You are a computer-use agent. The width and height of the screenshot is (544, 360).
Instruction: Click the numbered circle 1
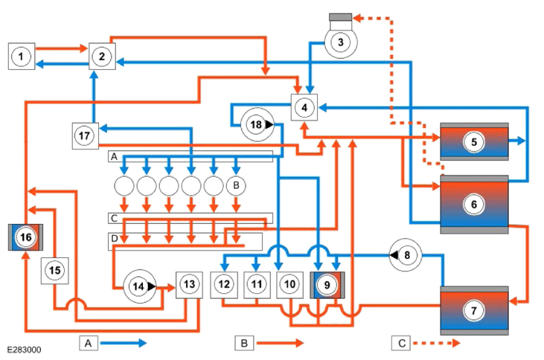click(21, 57)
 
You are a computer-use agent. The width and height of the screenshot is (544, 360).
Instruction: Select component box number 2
click(102, 57)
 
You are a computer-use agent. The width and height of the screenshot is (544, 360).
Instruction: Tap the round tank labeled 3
click(340, 42)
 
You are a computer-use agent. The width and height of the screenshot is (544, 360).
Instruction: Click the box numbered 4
click(304, 108)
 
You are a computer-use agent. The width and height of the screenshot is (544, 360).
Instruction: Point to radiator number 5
click(474, 141)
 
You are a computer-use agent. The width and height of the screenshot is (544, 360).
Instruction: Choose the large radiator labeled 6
click(474, 205)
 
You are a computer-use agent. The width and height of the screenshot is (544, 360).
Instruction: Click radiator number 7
click(474, 310)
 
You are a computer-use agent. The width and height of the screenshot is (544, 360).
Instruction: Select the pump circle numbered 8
click(406, 255)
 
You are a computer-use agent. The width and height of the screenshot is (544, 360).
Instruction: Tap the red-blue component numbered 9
click(327, 285)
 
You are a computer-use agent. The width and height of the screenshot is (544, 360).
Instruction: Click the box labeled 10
click(289, 285)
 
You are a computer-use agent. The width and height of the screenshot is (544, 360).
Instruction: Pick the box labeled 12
click(224, 285)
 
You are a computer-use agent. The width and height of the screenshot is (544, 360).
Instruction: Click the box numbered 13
click(189, 285)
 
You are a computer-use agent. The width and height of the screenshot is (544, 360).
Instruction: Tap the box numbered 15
click(55, 271)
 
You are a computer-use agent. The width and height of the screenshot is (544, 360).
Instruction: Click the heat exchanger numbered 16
click(25, 237)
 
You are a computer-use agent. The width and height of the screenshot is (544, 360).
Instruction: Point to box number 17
click(86, 136)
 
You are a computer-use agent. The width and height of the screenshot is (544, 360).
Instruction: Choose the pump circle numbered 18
click(257, 124)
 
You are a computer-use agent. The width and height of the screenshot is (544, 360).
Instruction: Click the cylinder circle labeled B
click(236, 185)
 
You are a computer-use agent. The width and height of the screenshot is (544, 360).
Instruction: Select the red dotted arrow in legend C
click(437, 343)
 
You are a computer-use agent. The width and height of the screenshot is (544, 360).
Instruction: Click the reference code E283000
click(24, 350)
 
